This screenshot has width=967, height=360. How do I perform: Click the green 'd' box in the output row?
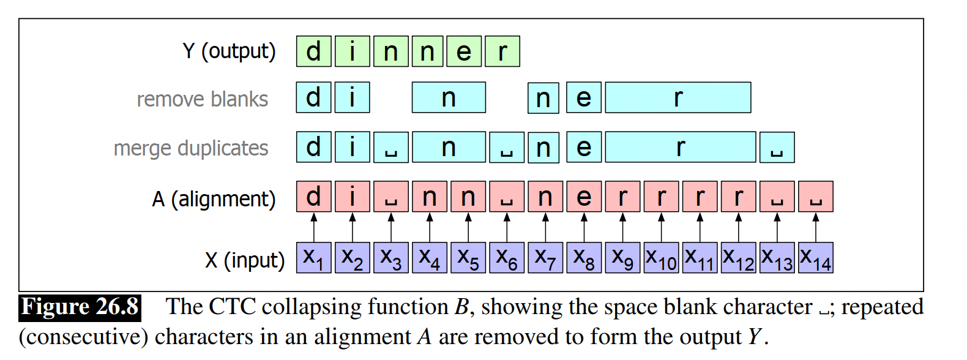click(x=313, y=51)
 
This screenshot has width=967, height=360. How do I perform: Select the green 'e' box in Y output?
click(x=464, y=51)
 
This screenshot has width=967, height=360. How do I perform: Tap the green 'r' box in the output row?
click(x=502, y=51)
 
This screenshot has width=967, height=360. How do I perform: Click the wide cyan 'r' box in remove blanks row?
click(x=678, y=98)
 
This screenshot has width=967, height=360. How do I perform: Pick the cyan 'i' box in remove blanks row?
click(x=352, y=98)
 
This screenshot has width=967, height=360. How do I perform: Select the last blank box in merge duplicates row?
click(x=777, y=148)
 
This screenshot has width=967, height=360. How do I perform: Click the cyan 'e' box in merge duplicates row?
click(x=584, y=148)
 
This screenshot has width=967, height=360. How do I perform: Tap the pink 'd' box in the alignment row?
click(x=313, y=197)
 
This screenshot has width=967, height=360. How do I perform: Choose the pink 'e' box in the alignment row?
click(x=584, y=197)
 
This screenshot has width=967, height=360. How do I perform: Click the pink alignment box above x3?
click(x=390, y=197)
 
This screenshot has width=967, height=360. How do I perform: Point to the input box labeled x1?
click(x=313, y=258)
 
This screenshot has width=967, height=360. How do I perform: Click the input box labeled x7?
click(x=545, y=258)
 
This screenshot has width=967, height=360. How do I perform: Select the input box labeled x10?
click(x=661, y=258)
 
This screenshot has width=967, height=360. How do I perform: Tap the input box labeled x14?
click(x=815, y=258)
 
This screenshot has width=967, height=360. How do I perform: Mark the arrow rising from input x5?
click(x=468, y=227)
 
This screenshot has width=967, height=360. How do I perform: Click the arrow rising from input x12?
click(x=738, y=227)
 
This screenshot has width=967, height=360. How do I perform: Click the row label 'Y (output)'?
click(x=229, y=51)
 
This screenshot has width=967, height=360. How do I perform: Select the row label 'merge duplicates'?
click(x=191, y=148)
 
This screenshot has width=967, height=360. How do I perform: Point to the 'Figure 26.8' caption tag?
click(x=80, y=307)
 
